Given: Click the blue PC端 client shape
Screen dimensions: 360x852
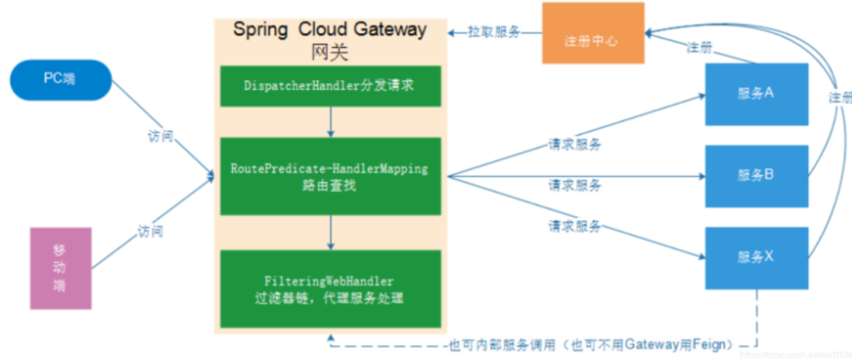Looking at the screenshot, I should [60, 80].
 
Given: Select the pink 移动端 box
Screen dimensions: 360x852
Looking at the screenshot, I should [60, 268].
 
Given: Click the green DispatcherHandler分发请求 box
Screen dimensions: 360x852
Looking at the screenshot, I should [330, 86].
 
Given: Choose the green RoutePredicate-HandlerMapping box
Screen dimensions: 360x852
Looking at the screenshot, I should [330, 176].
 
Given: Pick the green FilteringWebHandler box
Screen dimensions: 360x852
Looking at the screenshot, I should [330, 289].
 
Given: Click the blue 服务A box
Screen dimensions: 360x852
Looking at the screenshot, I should [756, 94].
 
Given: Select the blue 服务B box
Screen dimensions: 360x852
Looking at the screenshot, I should [756, 175].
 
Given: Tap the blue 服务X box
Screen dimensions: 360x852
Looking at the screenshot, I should [756, 257].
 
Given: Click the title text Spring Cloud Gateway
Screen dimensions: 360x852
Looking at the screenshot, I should [330, 29].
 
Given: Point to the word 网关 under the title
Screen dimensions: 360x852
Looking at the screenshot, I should [330, 53].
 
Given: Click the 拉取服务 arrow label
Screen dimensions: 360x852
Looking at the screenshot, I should [494, 32].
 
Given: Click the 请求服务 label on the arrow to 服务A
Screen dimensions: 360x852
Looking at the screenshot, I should [574, 144].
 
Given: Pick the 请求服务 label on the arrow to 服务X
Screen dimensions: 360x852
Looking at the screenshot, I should [574, 227].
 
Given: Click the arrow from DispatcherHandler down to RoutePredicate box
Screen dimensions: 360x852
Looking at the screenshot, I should [331, 122].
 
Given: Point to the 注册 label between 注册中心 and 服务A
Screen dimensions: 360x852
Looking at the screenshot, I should [699, 47].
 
